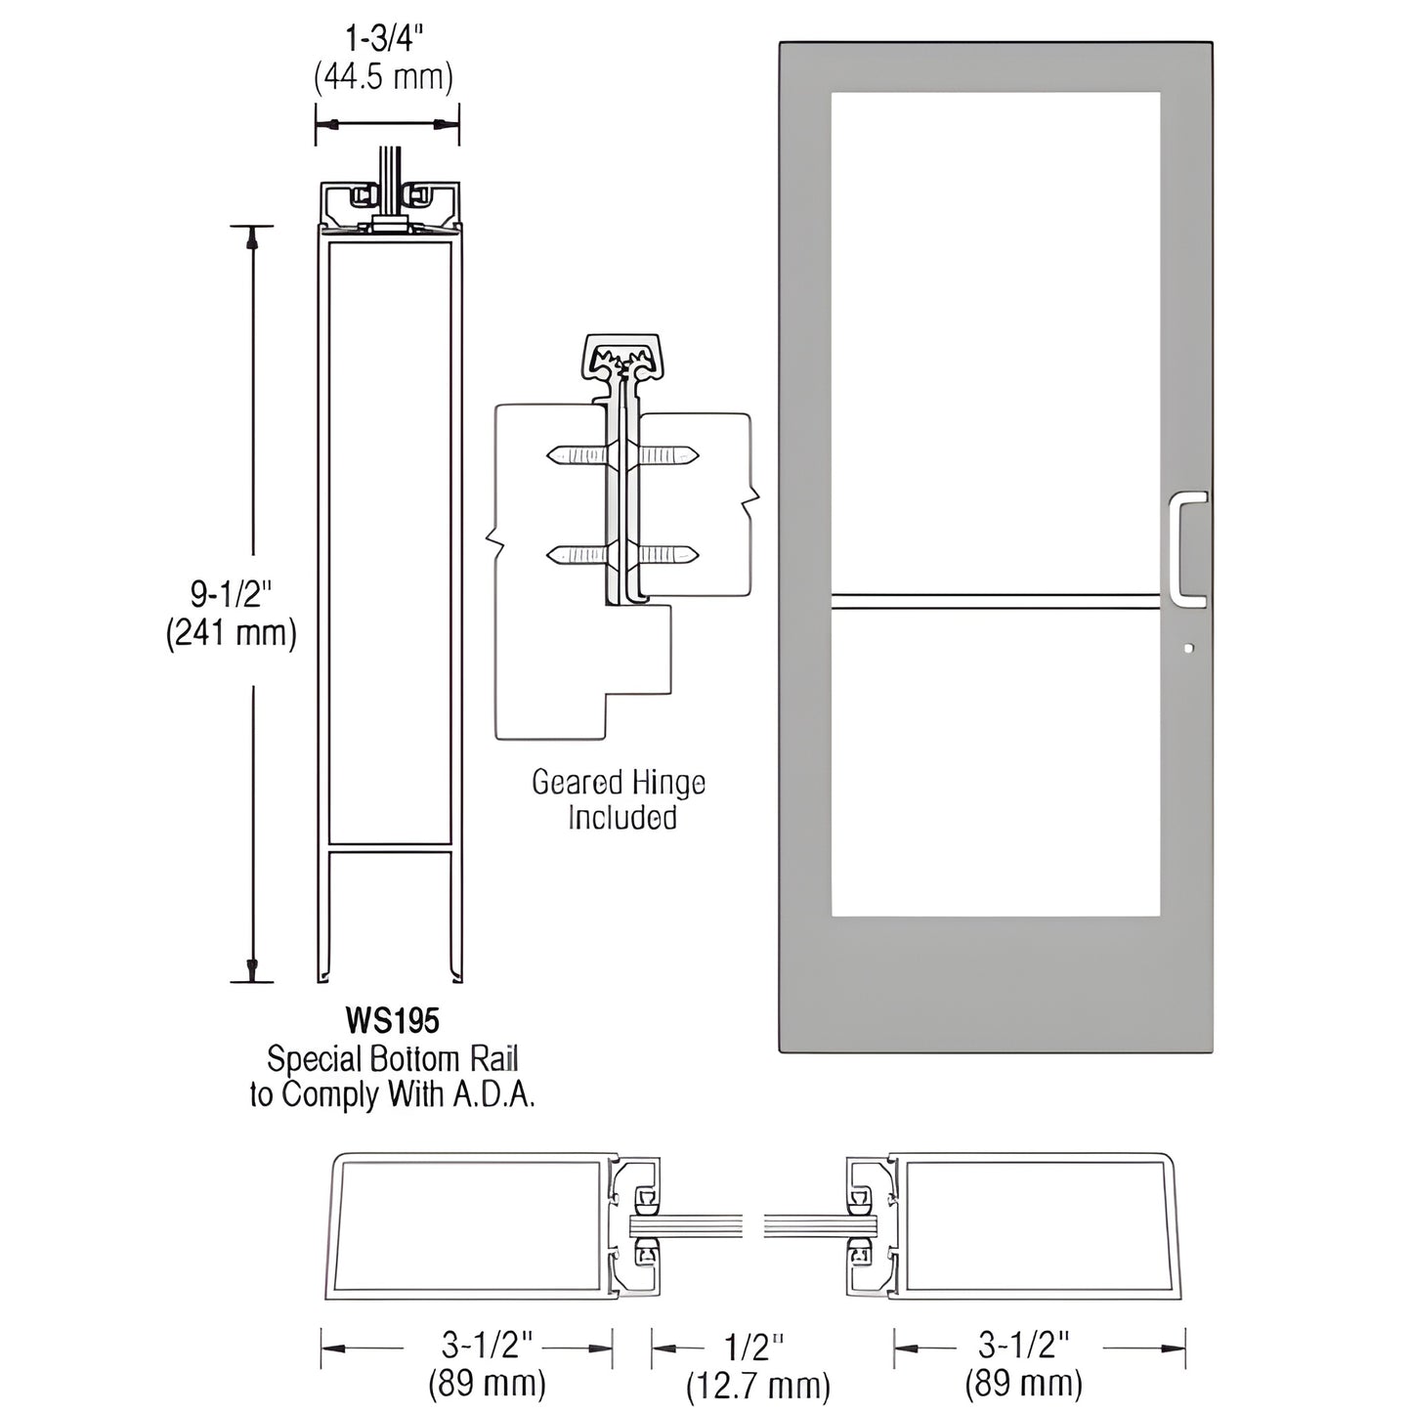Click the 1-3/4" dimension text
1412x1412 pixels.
click(384, 39)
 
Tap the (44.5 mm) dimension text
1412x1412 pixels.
click(384, 76)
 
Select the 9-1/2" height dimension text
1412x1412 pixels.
click(231, 593)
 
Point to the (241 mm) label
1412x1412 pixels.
click(231, 633)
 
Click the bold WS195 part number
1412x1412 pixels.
click(392, 1021)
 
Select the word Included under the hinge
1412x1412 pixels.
click(622, 817)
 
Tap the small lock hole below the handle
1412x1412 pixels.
click(1187, 647)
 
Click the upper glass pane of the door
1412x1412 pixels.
click(995, 342)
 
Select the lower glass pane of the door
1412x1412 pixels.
click(995, 762)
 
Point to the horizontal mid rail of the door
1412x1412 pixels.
click(995, 601)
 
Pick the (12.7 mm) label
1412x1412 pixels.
click(758, 1386)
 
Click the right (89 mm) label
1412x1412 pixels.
click(1024, 1384)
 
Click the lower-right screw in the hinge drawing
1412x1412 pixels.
click(669, 555)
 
